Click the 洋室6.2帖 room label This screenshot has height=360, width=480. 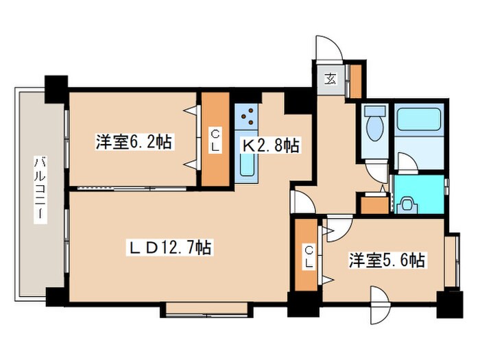[134, 142]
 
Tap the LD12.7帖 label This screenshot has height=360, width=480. [170, 248]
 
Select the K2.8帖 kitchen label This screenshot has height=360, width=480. [271, 145]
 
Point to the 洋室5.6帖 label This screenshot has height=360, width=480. [387, 261]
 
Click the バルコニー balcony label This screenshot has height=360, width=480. [40, 190]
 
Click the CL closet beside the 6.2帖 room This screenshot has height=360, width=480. [215, 139]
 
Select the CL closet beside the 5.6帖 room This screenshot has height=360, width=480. [307, 255]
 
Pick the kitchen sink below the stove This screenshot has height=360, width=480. [247, 165]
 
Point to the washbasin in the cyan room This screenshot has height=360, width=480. [407, 204]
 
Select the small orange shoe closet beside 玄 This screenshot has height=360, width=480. [356, 82]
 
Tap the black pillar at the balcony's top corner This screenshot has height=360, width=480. [56, 89]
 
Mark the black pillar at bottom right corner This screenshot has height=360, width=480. [449, 304]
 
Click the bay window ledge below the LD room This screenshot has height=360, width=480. [206, 309]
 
